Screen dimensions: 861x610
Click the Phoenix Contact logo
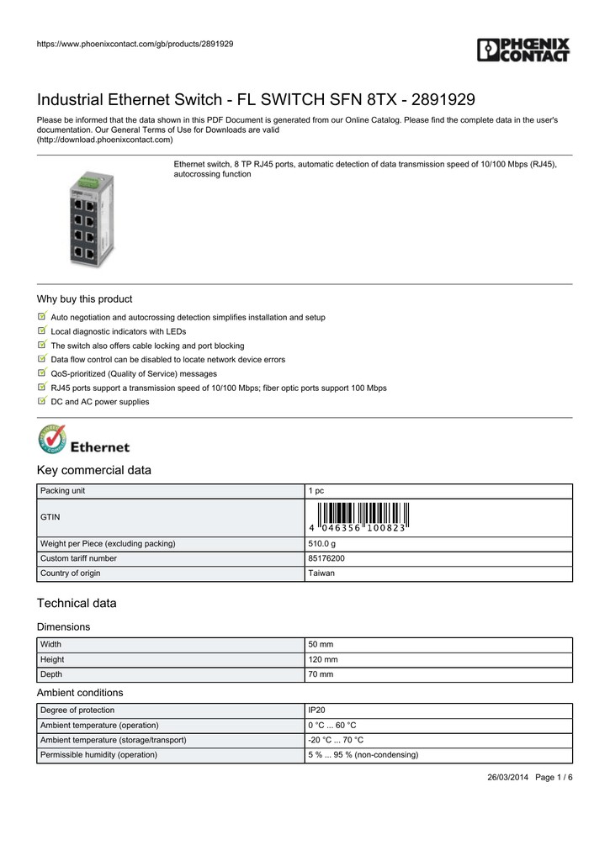tap(523, 50)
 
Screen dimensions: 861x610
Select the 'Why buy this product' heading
tap(84, 299)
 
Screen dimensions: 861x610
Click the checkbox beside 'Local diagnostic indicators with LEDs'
tap(42, 330)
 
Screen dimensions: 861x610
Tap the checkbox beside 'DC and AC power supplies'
tap(42, 401)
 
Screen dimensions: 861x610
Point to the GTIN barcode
tap(358, 515)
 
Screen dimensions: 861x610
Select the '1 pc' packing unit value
tap(316, 490)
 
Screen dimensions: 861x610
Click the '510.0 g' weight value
tap(322, 544)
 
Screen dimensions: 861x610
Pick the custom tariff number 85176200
tap(326, 558)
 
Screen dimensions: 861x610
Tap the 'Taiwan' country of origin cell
tap(321, 573)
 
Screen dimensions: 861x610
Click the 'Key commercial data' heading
tap(94, 470)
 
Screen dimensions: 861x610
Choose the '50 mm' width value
tap(321, 644)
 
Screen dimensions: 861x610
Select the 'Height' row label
tap(52, 659)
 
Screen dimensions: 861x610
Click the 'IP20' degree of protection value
tap(317, 710)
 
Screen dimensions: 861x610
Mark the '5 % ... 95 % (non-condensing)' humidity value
tap(363, 754)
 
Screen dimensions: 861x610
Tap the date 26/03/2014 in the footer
tap(508, 777)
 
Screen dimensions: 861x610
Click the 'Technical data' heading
tap(77, 603)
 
